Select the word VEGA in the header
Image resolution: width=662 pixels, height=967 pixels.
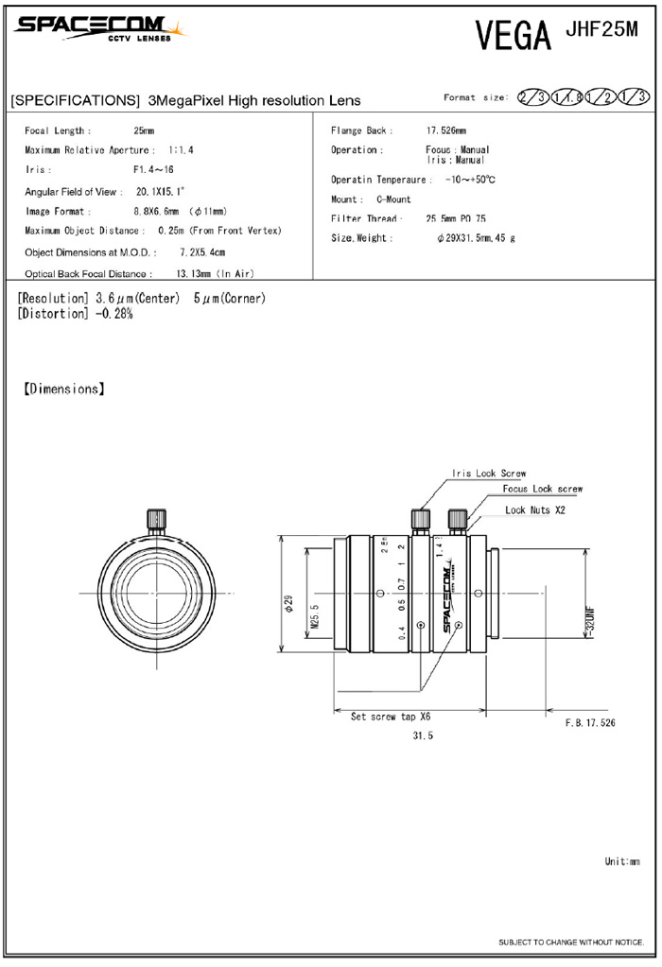513,35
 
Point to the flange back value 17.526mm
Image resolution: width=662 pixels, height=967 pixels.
445,131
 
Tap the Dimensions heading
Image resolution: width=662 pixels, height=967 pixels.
63,388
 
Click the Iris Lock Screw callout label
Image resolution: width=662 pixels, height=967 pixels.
489,474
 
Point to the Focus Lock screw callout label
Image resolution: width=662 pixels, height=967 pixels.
542,489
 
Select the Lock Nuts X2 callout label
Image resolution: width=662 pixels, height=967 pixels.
535,509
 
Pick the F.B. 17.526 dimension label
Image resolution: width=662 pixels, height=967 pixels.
590,722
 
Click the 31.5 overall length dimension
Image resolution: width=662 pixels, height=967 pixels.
423,736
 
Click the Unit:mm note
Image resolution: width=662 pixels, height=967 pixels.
622,862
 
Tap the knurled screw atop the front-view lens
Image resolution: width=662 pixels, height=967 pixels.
155,519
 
